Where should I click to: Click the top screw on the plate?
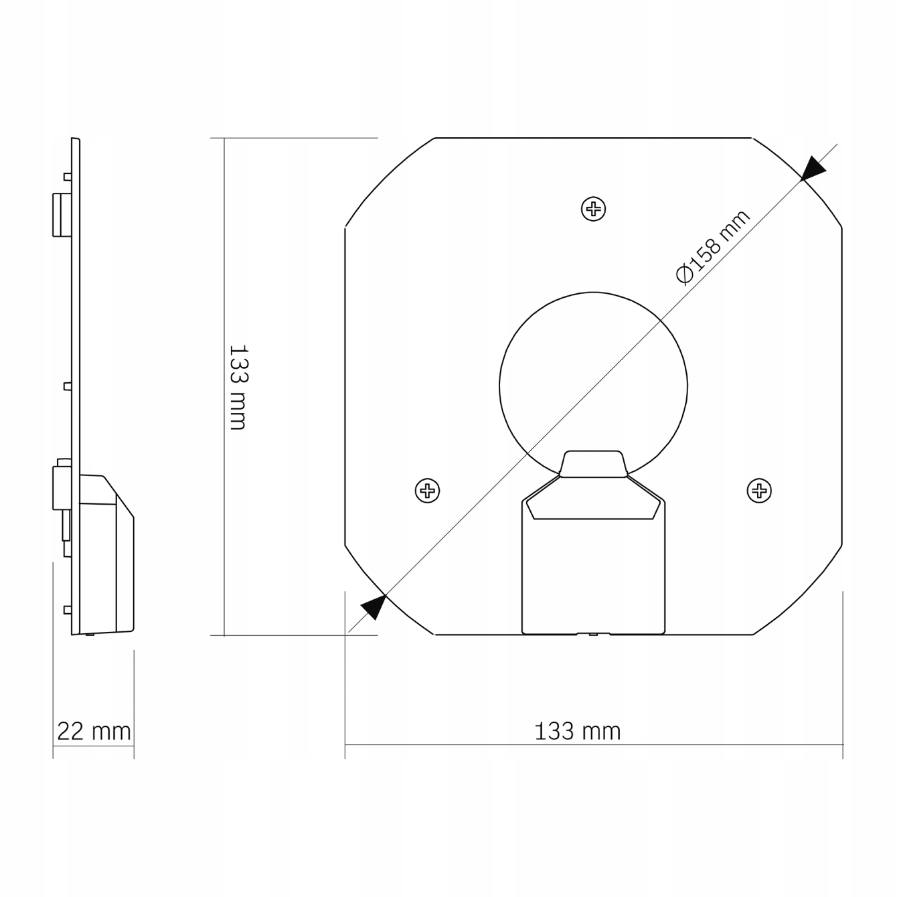[593, 209]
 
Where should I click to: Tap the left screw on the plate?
[427, 491]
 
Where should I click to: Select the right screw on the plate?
[759, 491]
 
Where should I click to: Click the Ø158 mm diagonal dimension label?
[713, 247]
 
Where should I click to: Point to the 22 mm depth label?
[94, 731]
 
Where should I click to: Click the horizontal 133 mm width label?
[578, 731]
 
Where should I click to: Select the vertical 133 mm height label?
[238, 388]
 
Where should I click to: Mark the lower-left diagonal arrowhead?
[374, 607]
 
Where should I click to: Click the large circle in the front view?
[499, 386]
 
